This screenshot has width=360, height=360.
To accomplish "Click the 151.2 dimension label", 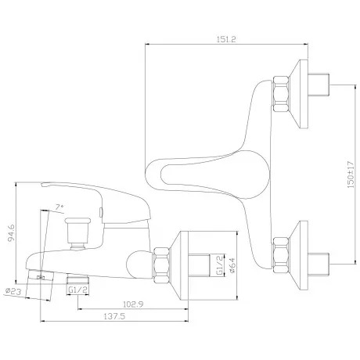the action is point(226,39).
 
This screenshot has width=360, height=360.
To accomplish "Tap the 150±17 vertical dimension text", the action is point(351,175).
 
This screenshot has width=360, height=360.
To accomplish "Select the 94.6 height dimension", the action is point(11,233).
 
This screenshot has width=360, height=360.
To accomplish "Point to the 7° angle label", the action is point(59,207).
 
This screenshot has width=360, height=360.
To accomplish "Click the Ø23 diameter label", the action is point(13,290).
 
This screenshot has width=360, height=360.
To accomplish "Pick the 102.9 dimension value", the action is point(133,304).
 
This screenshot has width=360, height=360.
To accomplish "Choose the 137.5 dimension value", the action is point(114,316).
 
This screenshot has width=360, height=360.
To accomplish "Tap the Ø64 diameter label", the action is point(232,265).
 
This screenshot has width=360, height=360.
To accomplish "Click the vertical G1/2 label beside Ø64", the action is point(220,265).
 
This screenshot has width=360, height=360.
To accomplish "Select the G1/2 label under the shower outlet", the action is point(77,290).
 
